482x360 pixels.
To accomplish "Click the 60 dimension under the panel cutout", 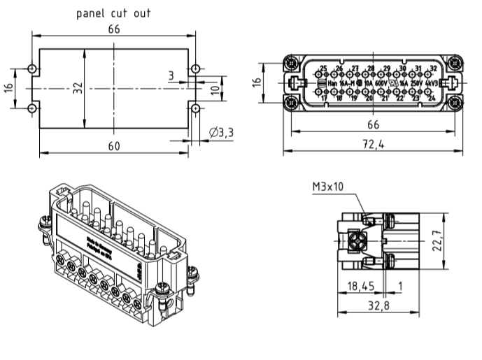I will (x=114, y=145).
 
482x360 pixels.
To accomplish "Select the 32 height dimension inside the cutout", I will (x=78, y=87).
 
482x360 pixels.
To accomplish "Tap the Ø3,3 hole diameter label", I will (x=221, y=132).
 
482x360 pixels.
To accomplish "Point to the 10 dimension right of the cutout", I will (x=215, y=89).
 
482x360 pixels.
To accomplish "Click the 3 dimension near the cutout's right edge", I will (x=170, y=75).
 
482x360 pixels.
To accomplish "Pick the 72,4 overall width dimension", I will (x=373, y=145).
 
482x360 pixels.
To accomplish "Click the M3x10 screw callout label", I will (x=327, y=187).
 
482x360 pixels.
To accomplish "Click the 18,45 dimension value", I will (x=361, y=286).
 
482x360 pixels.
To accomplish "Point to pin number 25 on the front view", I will (x=323, y=69).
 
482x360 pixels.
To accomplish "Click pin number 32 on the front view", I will (x=433, y=69).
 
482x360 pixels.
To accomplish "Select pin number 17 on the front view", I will (x=324, y=99).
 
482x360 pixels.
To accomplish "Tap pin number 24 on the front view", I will (x=432, y=99).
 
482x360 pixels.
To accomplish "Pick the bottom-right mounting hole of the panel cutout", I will (x=196, y=108).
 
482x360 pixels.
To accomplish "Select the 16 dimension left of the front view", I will (x=257, y=82).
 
